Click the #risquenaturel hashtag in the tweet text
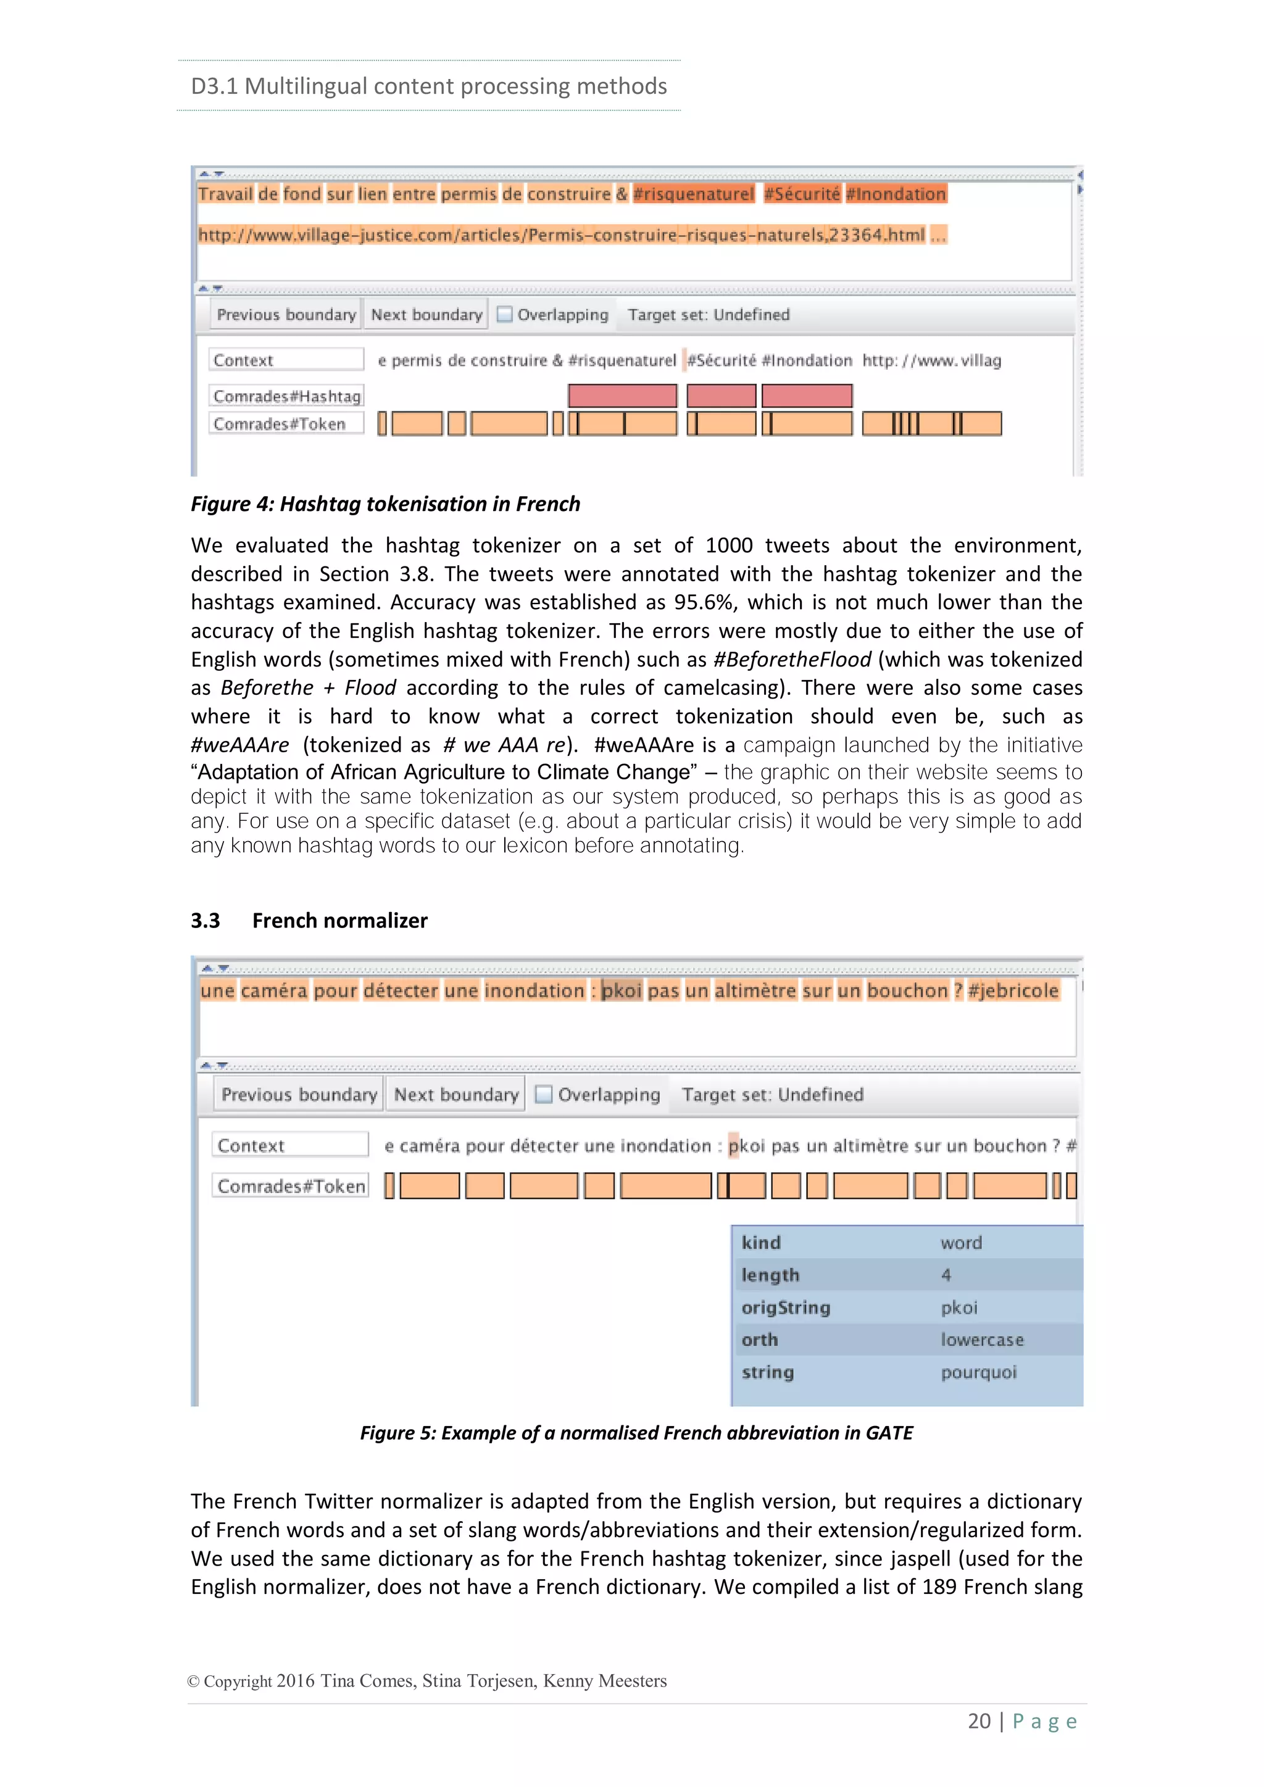coord(694,194)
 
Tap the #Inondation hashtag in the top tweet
coord(896,194)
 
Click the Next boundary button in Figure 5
coord(456,1094)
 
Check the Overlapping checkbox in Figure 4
coord(505,315)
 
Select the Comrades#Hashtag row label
coord(286,396)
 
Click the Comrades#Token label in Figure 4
coord(280,424)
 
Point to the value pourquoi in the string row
coord(978,1372)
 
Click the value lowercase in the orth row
coord(981,1340)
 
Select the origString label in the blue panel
coord(785,1308)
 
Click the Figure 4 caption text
coord(385,504)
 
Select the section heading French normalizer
coord(339,921)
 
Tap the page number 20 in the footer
coord(978,1721)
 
